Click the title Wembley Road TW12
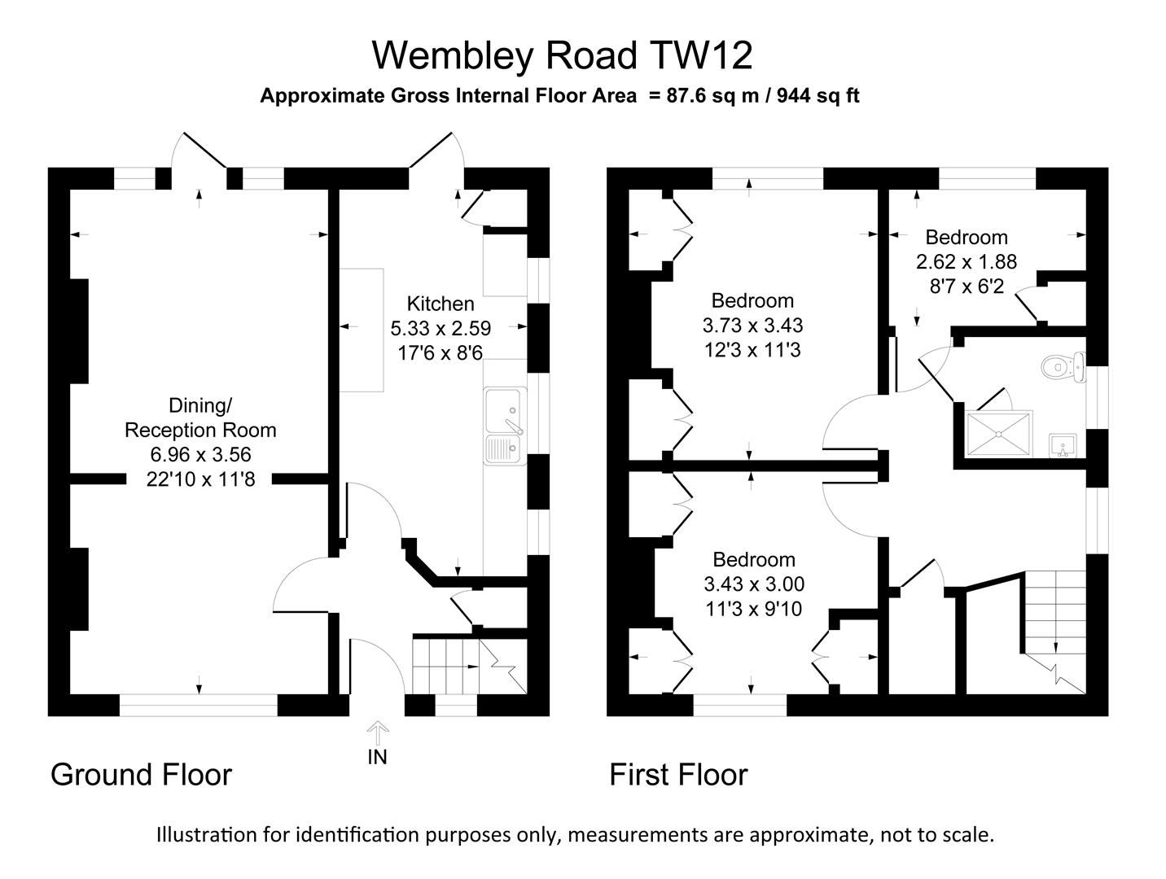pos(562,56)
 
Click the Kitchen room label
pos(441,304)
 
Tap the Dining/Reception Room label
pos(200,418)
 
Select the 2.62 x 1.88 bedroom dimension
pos(967,262)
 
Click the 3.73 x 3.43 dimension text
pos(752,326)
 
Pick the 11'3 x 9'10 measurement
pos(753,609)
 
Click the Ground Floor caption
pos(141,775)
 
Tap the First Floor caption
pos(678,775)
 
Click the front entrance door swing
pos(379,663)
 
